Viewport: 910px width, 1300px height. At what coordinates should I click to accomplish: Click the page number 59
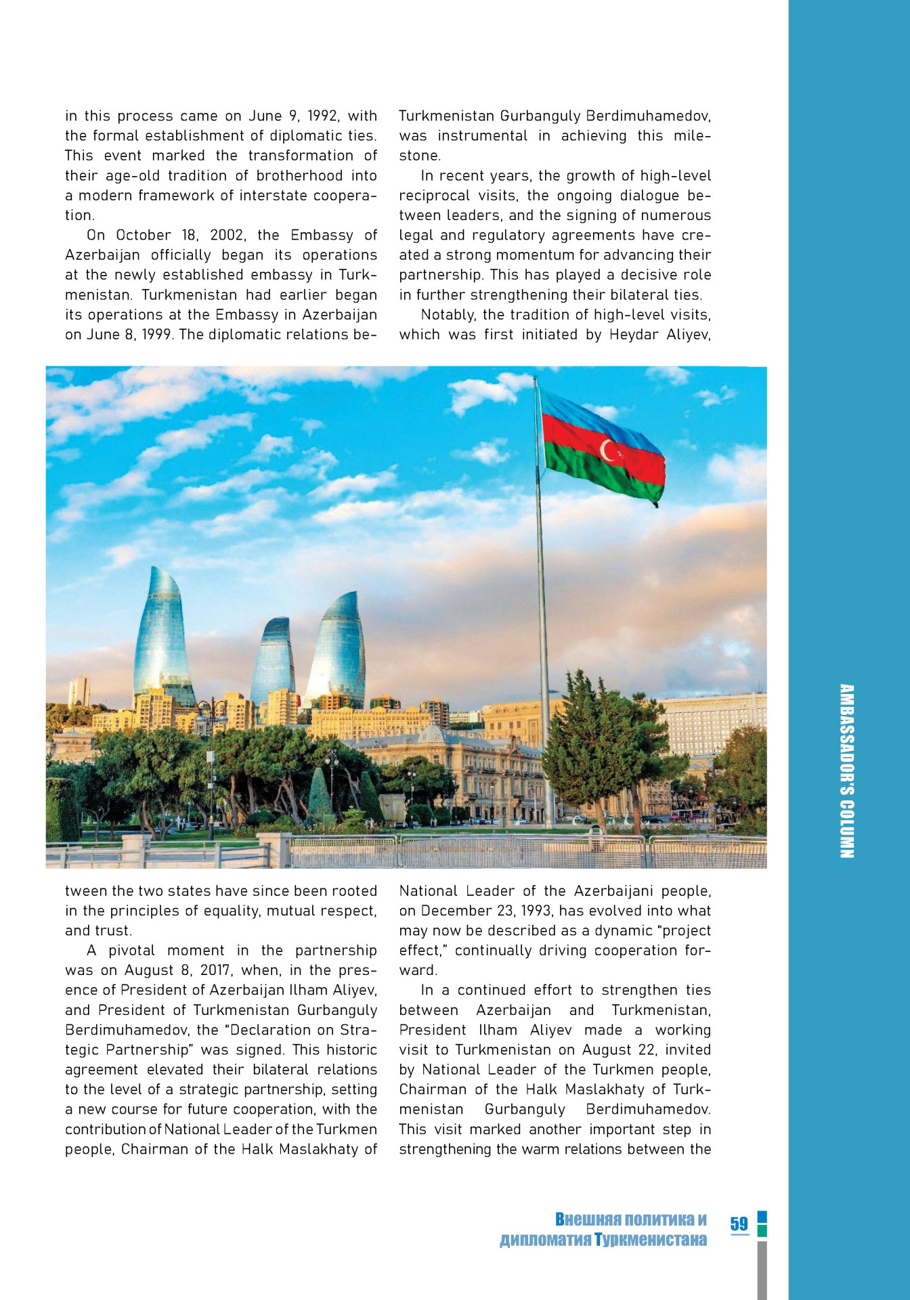739,1223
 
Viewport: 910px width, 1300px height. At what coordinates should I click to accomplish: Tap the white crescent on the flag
607,450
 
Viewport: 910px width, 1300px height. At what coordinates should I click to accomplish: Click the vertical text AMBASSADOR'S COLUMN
846,771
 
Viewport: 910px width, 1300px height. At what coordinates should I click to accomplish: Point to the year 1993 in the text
536,911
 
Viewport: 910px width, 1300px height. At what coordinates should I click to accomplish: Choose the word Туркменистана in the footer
651,1240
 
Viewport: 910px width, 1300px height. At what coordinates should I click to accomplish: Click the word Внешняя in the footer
588,1219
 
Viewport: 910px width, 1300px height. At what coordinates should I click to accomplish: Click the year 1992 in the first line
323,116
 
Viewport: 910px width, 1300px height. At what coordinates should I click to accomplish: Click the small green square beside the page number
762,1231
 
